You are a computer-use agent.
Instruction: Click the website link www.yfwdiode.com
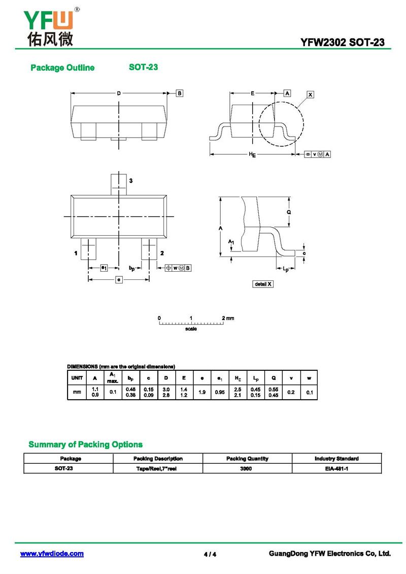tap(52, 554)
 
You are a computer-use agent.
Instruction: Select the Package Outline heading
tap(62, 68)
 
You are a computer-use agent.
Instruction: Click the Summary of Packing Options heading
tap(85, 444)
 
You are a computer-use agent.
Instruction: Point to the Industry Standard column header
tap(336, 458)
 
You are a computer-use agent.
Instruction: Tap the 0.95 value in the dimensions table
tap(220, 392)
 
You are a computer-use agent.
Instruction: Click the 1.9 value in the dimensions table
tap(202, 392)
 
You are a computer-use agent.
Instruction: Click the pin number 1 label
tap(76, 253)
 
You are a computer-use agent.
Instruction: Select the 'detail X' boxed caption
tap(263, 284)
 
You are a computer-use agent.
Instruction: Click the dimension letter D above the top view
tap(119, 93)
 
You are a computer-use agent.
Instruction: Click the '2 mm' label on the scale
tap(228, 318)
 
